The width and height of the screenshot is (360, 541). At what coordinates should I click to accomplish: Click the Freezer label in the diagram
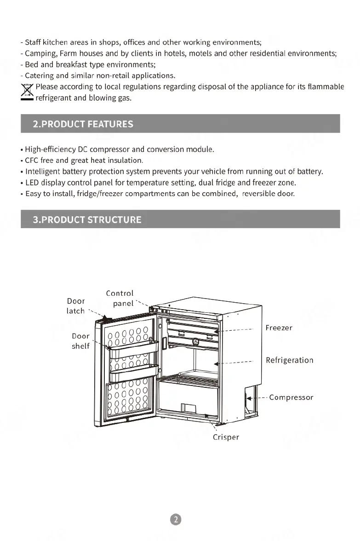[279, 328]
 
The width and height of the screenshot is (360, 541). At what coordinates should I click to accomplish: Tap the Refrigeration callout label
[289, 360]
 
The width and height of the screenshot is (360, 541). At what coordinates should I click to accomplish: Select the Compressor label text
[291, 397]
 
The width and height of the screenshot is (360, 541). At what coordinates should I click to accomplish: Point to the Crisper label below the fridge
[226, 437]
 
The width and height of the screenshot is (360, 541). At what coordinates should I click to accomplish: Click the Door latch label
[76, 306]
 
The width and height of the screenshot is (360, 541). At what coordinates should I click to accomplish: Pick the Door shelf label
[80, 341]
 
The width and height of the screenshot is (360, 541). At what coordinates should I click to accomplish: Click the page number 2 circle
[176, 519]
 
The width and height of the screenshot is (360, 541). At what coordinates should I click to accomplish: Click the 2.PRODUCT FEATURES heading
[83, 124]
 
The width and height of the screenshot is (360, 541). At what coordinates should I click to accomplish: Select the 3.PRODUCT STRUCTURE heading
[87, 219]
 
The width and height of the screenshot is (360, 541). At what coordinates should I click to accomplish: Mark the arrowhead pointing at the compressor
[249, 398]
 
